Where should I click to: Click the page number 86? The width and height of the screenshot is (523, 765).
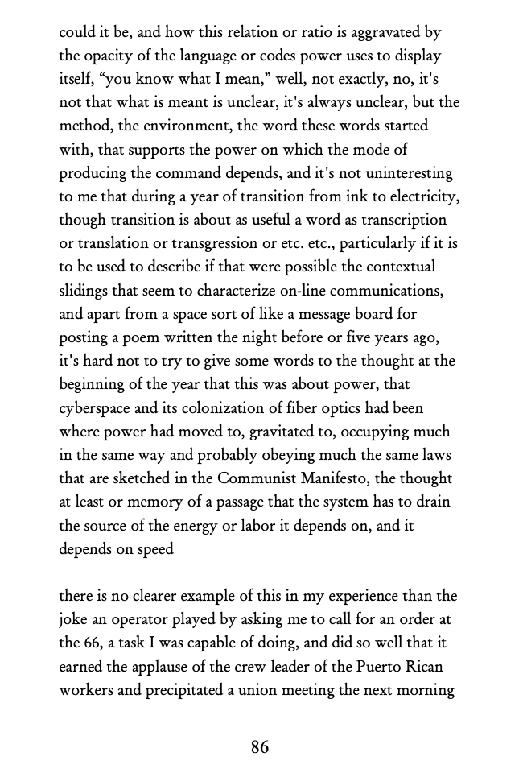click(259, 746)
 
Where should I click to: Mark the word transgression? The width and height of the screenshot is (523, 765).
click(239, 243)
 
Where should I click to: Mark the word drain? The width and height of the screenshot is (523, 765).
click(434, 501)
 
